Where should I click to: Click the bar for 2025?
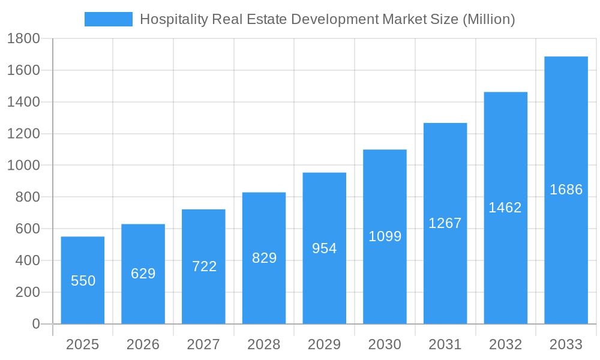(x=83, y=280)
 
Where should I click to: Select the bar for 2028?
(x=264, y=258)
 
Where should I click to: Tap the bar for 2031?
(x=445, y=223)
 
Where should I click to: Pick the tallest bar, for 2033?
(x=566, y=190)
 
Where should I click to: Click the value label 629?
(x=143, y=274)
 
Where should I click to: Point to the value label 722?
(x=204, y=266)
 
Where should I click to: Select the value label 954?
(x=325, y=248)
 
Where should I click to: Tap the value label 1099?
(x=385, y=236)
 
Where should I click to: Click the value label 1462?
(x=505, y=208)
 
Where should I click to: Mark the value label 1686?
(x=566, y=190)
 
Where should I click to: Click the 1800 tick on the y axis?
(x=23, y=39)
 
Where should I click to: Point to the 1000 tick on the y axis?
(x=23, y=166)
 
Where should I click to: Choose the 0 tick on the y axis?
(x=35, y=324)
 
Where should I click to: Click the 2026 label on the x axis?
(x=143, y=344)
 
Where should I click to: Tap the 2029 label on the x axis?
(x=325, y=344)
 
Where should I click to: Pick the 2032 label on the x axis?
(x=505, y=344)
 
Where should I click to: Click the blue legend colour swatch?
(x=109, y=19)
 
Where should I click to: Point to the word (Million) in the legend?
(x=488, y=20)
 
